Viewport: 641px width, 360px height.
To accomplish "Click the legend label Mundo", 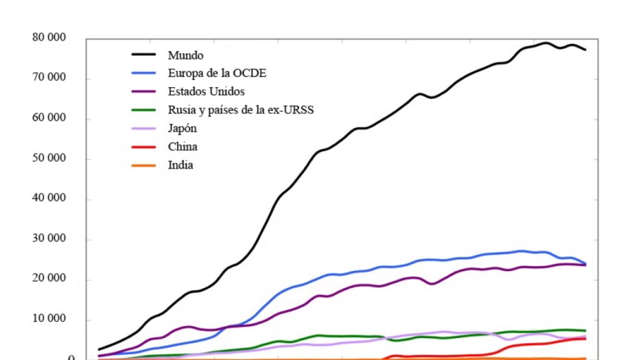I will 185,55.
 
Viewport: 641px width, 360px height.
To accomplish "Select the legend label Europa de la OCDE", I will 217,73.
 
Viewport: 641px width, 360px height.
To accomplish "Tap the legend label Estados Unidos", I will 206,92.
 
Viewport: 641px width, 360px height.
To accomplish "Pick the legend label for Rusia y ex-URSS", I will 240,110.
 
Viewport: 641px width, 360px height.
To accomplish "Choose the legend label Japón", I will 183,128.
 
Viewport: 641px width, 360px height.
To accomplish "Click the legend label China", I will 182,147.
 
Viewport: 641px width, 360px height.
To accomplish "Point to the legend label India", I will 180,165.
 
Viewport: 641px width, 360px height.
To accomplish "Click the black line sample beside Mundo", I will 143,55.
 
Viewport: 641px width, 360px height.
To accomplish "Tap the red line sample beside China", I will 143,147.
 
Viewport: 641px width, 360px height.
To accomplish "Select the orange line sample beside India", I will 143,165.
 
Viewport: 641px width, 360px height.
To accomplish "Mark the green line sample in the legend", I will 143,110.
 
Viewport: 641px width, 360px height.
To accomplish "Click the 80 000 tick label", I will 49,38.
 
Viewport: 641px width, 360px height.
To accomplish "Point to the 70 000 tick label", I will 49,78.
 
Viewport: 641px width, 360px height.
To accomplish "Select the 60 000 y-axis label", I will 49,118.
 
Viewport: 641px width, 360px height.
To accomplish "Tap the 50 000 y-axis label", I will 49,159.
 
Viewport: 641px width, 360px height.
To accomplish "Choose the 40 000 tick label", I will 49,199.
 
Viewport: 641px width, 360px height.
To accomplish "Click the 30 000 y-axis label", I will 49,240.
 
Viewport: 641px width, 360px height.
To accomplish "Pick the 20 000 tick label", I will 49,280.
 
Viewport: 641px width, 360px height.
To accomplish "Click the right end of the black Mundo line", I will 585,49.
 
